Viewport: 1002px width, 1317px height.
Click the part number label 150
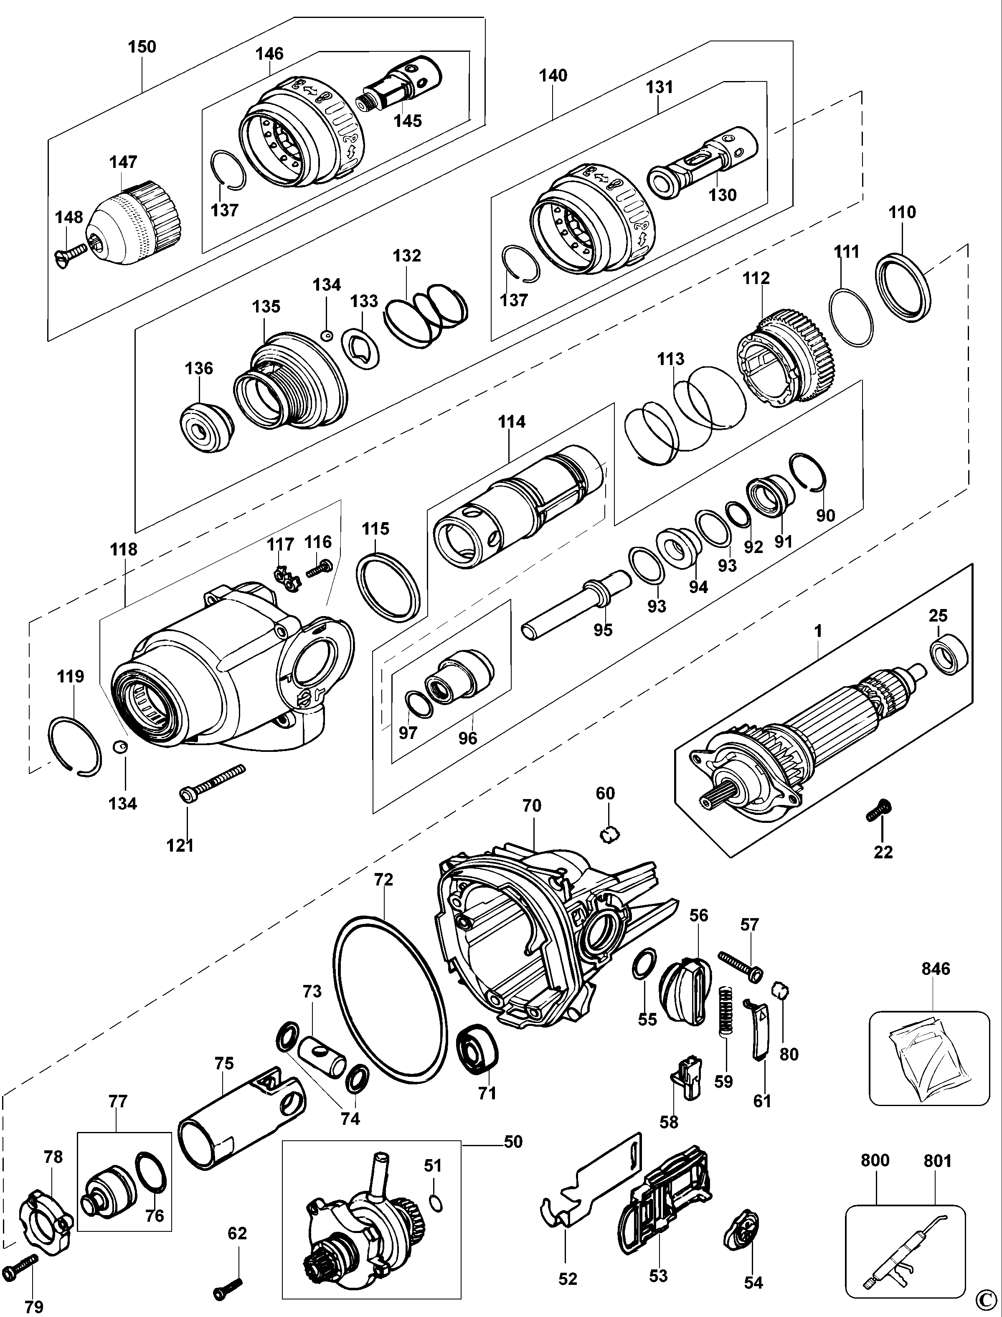(142, 46)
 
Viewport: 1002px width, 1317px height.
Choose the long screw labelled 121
(212, 782)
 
